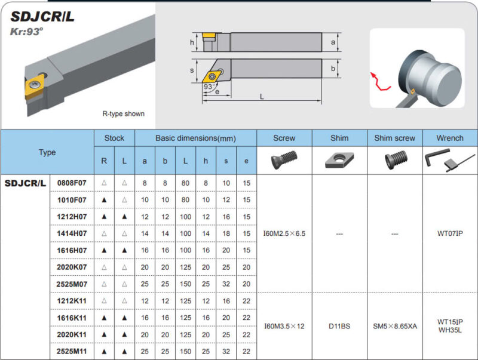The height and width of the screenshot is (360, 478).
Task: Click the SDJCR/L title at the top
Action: (42, 16)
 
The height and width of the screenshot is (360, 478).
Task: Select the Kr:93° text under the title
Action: (27, 32)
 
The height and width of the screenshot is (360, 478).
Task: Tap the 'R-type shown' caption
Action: (123, 113)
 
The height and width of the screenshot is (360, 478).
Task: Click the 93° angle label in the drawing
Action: (209, 87)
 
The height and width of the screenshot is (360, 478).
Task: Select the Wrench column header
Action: (449, 138)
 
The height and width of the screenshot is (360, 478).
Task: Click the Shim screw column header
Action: (394, 138)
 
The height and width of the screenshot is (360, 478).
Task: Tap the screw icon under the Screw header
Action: (284, 160)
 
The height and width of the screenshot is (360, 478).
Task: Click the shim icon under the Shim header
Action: (339, 160)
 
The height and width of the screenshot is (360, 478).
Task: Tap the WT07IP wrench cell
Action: (449, 233)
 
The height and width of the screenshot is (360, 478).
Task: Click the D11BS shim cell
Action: (339, 326)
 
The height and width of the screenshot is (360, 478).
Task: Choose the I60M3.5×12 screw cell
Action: (284, 326)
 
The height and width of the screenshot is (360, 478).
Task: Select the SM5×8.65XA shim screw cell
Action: (394, 326)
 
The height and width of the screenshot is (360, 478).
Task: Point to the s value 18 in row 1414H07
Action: (226, 233)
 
